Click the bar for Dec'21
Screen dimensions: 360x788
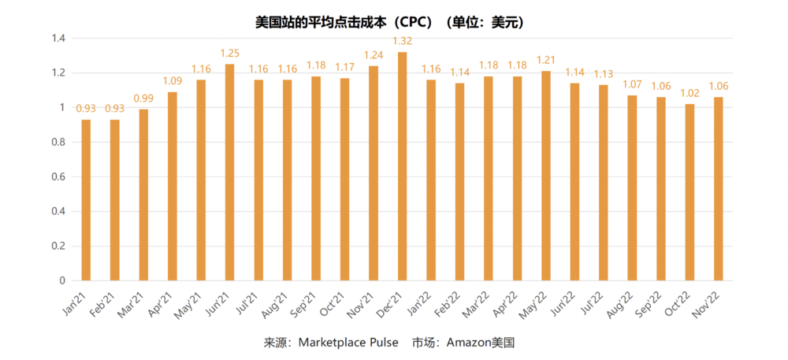pyautogui.click(x=402, y=166)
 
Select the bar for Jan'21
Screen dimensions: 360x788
pyautogui.click(x=86, y=200)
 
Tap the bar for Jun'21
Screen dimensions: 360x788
pyautogui.click(x=229, y=173)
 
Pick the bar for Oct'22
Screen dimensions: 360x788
pyautogui.click(x=689, y=192)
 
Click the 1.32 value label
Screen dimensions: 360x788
pyautogui.click(x=402, y=41)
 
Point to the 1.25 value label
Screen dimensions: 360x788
pyautogui.click(x=229, y=53)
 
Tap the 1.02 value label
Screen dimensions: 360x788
pyautogui.click(x=689, y=93)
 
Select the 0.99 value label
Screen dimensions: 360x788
pyautogui.click(x=143, y=98)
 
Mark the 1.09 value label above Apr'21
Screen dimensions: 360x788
pyautogui.click(x=172, y=80)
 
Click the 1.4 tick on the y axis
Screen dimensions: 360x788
pyautogui.click(x=58, y=38)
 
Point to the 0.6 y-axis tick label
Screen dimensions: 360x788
pyautogui.click(x=58, y=176)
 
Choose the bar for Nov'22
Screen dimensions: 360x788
pyautogui.click(x=718, y=189)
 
